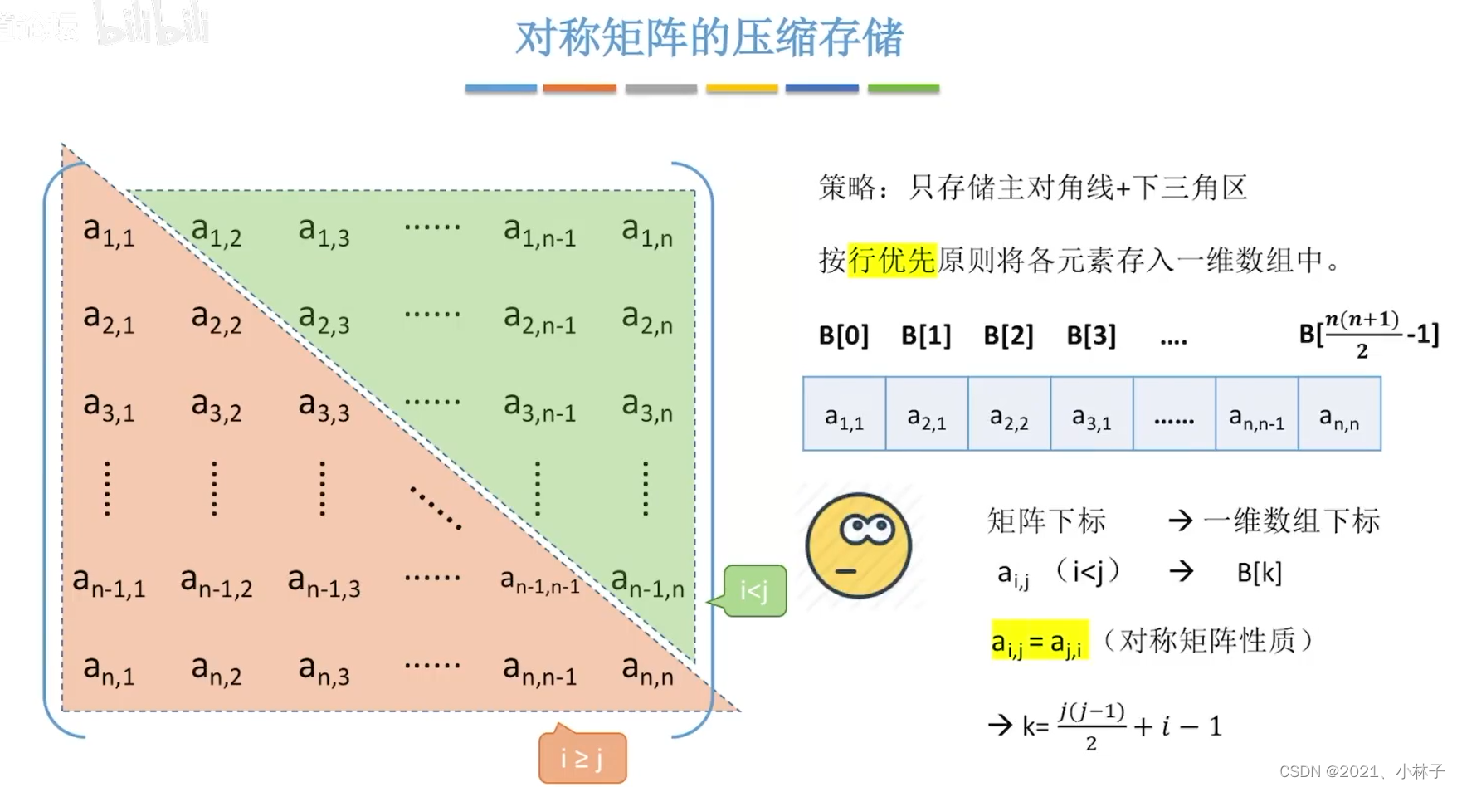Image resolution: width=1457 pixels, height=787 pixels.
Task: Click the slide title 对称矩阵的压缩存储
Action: pyautogui.click(x=709, y=38)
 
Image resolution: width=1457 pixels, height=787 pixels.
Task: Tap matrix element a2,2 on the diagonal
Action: pyautogui.click(x=216, y=320)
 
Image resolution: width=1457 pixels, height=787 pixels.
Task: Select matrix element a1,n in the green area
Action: pyautogui.click(x=647, y=232)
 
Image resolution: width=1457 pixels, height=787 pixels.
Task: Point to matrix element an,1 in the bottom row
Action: pyautogui.click(x=109, y=670)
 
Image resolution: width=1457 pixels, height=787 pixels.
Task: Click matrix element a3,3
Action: pyautogui.click(x=324, y=407)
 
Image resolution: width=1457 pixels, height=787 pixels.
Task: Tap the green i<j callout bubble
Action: pyautogui.click(x=754, y=591)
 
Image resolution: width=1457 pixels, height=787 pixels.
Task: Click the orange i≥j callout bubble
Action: pyautogui.click(x=582, y=757)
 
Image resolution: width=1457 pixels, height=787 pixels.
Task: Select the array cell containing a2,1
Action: pyautogui.click(x=926, y=414)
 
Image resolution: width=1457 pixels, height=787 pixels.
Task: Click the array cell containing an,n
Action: pyautogui.click(x=1339, y=414)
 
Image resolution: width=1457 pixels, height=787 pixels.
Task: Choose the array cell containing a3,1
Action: pyautogui.click(x=1091, y=414)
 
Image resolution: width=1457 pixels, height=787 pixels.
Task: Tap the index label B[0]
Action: pyautogui.click(x=843, y=335)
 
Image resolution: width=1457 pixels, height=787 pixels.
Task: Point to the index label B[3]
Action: pyautogui.click(x=1090, y=335)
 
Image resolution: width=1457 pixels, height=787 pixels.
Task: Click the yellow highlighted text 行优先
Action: pyautogui.click(x=892, y=260)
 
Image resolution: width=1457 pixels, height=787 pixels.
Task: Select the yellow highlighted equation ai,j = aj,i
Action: pyautogui.click(x=1039, y=641)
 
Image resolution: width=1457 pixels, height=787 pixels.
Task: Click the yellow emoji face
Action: pyautogui.click(x=859, y=545)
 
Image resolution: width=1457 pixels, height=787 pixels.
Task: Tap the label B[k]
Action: pyautogui.click(x=1259, y=572)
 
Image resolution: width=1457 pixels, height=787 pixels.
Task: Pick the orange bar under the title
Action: pyautogui.click(x=579, y=88)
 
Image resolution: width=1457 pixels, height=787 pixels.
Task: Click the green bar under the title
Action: pyautogui.click(x=903, y=88)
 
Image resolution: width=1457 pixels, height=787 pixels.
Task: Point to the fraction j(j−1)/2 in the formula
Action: pyautogui.click(x=1091, y=726)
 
